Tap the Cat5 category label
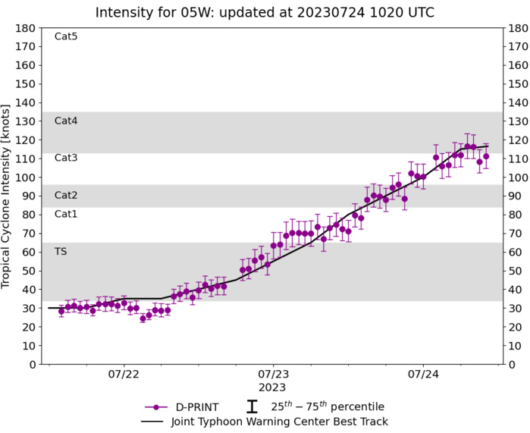click(x=66, y=36)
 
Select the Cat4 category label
click(x=66, y=121)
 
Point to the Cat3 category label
click(x=66, y=158)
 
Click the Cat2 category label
click(x=66, y=195)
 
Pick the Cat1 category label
click(x=66, y=214)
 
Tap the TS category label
click(x=61, y=251)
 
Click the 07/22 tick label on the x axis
click(x=124, y=374)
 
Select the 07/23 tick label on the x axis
click(x=273, y=374)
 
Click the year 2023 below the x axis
click(x=273, y=387)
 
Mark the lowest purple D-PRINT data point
click(x=143, y=318)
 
